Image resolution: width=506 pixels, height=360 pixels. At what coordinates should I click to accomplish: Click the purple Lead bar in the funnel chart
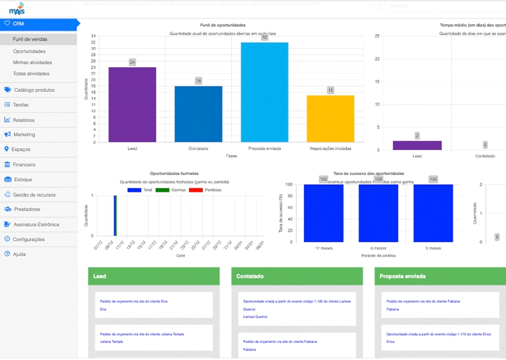point(132,105)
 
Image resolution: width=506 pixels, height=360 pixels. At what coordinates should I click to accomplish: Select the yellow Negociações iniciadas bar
point(330,119)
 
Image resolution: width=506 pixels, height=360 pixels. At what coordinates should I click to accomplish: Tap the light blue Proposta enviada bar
point(264,92)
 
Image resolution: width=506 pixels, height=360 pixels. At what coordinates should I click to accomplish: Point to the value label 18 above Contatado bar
point(198,81)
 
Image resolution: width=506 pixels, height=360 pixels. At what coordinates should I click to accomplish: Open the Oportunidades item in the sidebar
point(29,51)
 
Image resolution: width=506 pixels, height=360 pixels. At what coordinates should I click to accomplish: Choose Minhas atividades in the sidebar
point(32,63)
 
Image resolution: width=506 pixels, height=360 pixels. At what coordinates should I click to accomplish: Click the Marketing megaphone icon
point(7,134)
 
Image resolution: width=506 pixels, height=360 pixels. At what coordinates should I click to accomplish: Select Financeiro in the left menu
point(24,164)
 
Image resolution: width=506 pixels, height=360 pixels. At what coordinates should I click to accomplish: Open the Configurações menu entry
point(28,239)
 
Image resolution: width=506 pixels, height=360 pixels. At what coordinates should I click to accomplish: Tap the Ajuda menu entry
point(19,254)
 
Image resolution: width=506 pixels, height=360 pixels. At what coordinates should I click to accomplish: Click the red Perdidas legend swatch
point(195,190)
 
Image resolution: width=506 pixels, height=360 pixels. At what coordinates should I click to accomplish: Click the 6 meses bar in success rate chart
point(378,213)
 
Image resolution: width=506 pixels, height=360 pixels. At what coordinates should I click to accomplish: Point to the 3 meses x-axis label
point(433,249)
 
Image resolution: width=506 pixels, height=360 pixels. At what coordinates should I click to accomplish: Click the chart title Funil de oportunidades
point(223,25)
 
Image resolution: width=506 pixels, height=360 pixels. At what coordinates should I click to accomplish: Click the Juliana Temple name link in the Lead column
point(111,342)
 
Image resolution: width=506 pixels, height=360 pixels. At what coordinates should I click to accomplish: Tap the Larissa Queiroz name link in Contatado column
point(255,317)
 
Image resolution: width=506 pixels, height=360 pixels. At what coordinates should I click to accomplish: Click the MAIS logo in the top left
point(16,8)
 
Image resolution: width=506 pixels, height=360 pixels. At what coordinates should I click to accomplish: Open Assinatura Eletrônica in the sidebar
point(36,224)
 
